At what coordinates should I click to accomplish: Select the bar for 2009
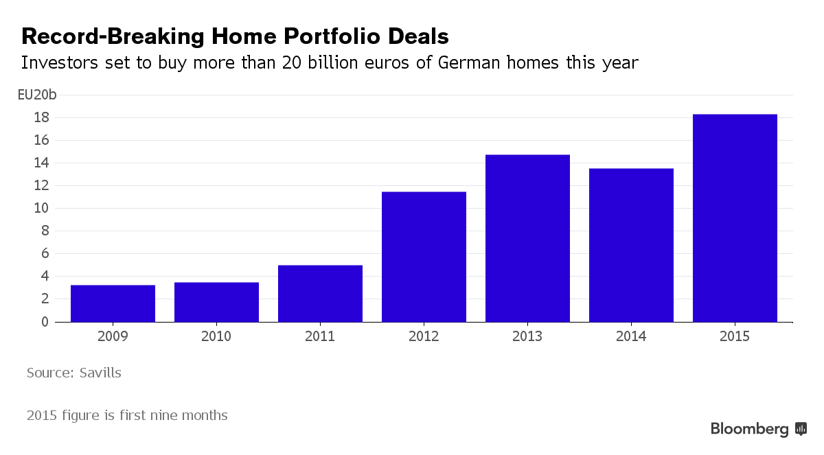click(113, 303)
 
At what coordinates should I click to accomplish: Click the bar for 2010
click(216, 302)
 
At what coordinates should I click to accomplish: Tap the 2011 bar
click(320, 294)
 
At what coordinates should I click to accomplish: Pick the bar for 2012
click(424, 257)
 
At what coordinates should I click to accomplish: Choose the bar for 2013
click(527, 238)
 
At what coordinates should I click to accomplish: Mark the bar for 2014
click(631, 245)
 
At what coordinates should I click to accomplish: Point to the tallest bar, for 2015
click(735, 218)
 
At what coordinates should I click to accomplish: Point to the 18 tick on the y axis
click(41, 118)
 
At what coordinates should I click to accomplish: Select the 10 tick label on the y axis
click(41, 209)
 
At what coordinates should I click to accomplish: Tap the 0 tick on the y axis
click(45, 322)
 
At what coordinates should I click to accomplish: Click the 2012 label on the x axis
click(424, 337)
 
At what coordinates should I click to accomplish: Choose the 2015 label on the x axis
click(735, 337)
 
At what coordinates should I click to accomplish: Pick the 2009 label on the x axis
click(113, 337)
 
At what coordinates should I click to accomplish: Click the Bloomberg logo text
click(750, 430)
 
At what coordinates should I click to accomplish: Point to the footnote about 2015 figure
click(127, 415)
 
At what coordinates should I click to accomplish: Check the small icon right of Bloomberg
click(801, 430)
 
